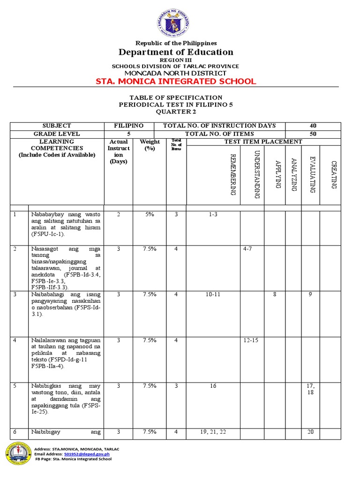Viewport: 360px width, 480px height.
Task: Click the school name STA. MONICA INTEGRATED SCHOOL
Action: click(176, 82)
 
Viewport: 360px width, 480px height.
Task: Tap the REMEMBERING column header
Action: click(232, 173)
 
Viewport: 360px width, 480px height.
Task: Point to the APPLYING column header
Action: click(277, 174)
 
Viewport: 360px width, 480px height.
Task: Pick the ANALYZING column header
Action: click(293, 174)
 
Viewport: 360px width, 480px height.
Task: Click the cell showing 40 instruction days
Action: click(313, 126)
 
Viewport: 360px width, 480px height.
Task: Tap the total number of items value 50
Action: click(313, 134)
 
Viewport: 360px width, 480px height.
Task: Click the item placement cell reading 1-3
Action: click(213, 214)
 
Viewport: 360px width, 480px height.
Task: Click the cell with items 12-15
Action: click(251, 340)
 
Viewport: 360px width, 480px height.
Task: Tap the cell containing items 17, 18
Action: click(310, 389)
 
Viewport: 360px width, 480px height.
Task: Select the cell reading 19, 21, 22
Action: click(213, 432)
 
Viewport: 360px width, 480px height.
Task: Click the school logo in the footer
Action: click(18, 454)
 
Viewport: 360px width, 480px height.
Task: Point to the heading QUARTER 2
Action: click(176, 112)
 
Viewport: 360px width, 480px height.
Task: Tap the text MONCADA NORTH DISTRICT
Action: click(175, 73)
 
